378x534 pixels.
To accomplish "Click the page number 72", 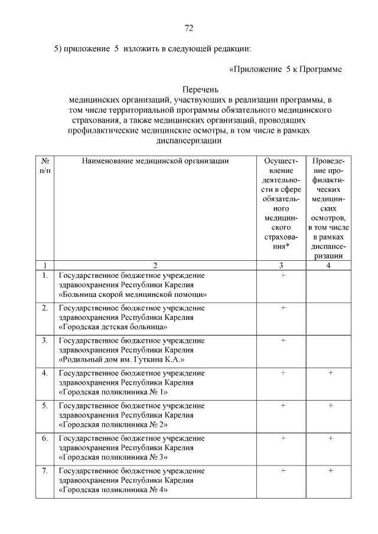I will click(189, 28).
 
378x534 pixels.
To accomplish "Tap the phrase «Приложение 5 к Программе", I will click(285, 69).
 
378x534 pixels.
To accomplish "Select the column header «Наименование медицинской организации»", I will click(155, 160).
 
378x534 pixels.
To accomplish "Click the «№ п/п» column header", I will click(45, 165).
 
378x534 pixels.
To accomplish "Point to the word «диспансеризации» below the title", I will click(189, 140).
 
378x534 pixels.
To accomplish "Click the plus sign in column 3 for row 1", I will click(283, 275).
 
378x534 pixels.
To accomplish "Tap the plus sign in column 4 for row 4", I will click(331, 373).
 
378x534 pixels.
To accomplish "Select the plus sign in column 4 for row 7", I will click(331, 470).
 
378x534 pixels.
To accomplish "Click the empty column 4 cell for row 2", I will click(328, 317).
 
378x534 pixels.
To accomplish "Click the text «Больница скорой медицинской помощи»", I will click(132, 294).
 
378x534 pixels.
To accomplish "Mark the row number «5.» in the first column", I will click(45, 405).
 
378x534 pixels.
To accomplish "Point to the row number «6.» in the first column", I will click(45, 438).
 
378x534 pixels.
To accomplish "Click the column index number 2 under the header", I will click(155, 265).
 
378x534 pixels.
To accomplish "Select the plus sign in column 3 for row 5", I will click(283, 405).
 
